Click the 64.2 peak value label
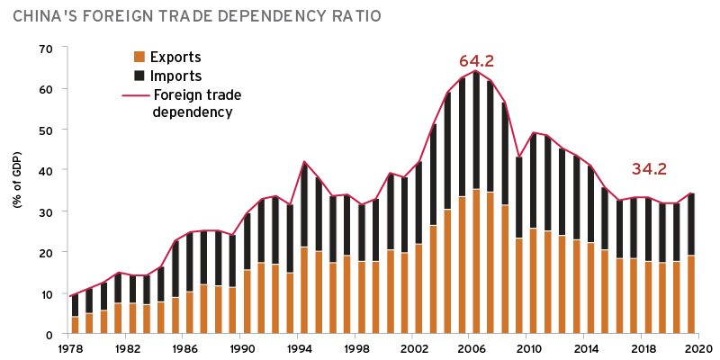pyautogui.click(x=476, y=61)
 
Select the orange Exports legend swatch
pyautogui.click(x=139, y=57)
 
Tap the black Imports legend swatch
pyautogui.click(x=139, y=76)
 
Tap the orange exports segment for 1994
pyautogui.click(x=304, y=290)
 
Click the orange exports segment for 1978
pyautogui.click(x=75, y=325)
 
